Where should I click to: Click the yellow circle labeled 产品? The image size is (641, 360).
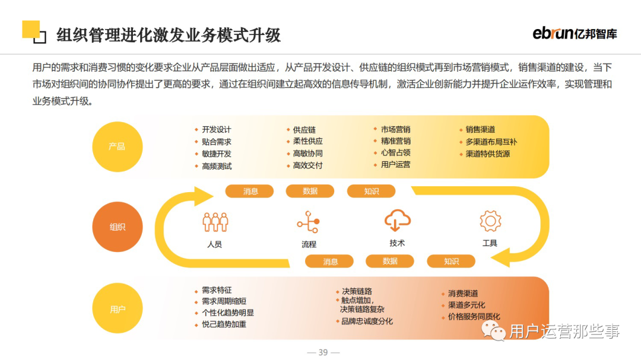click(x=117, y=146)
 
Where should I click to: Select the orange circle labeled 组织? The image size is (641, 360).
click(x=117, y=227)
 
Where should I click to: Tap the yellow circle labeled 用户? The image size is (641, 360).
click(x=117, y=309)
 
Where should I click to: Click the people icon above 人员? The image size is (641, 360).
click(x=215, y=222)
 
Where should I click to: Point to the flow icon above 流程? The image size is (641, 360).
click(x=308, y=222)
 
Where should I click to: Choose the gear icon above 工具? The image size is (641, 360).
click(x=490, y=221)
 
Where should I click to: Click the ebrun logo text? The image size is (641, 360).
click(x=553, y=33)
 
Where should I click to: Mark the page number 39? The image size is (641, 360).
click(x=323, y=352)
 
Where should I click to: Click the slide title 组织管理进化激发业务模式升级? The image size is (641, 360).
click(x=169, y=34)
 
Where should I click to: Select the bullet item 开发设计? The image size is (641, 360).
click(x=216, y=129)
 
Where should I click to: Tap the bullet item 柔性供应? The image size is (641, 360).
click(x=307, y=141)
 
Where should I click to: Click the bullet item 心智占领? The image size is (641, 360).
click(x=395, y=152)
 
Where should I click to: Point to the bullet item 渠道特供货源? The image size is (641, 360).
click(x=487, y=154)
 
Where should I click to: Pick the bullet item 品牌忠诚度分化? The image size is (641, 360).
click(x=367, y=321)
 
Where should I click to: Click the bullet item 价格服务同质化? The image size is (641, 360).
click(x=474, y=317)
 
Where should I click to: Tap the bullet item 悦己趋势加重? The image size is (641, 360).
click(x=224, y=324)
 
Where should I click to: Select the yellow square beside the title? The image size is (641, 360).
click(x=31, y=30)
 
